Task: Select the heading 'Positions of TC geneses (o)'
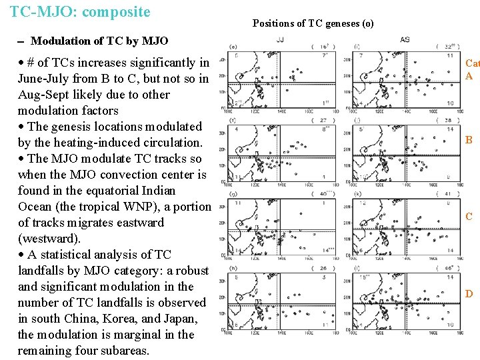(313, 23)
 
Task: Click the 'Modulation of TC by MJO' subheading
(100, 41)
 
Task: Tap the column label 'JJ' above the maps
(280, 39)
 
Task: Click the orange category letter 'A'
(469, 76)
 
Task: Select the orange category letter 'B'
(469, 141)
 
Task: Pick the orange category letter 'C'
(469, 217)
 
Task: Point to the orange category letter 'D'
(469, 294)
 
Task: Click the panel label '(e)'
(233, 47)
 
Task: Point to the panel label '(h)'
(233, 269)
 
